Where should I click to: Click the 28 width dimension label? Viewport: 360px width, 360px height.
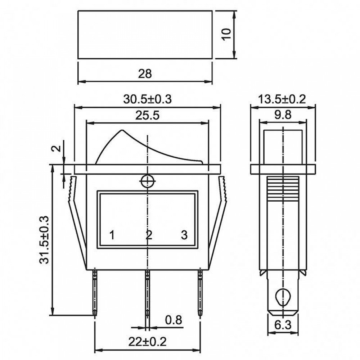145,74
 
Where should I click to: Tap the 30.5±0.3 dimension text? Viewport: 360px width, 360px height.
147,99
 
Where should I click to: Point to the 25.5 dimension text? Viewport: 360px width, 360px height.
147,116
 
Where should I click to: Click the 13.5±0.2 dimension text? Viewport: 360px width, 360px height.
282,99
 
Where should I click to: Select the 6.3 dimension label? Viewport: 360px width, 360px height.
283,325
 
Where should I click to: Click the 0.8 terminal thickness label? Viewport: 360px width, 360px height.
174,320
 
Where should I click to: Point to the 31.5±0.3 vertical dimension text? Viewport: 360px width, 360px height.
44,240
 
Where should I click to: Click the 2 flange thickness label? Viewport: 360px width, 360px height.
57,148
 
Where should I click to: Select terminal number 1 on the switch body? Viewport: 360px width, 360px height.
112,235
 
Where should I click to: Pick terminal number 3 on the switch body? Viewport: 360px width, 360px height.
184,235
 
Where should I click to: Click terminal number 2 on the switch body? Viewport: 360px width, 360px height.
149,235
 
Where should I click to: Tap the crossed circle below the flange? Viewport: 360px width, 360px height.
147,181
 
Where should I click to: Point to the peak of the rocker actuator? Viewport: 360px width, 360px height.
122,130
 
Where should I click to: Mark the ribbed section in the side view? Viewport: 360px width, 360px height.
283,189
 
